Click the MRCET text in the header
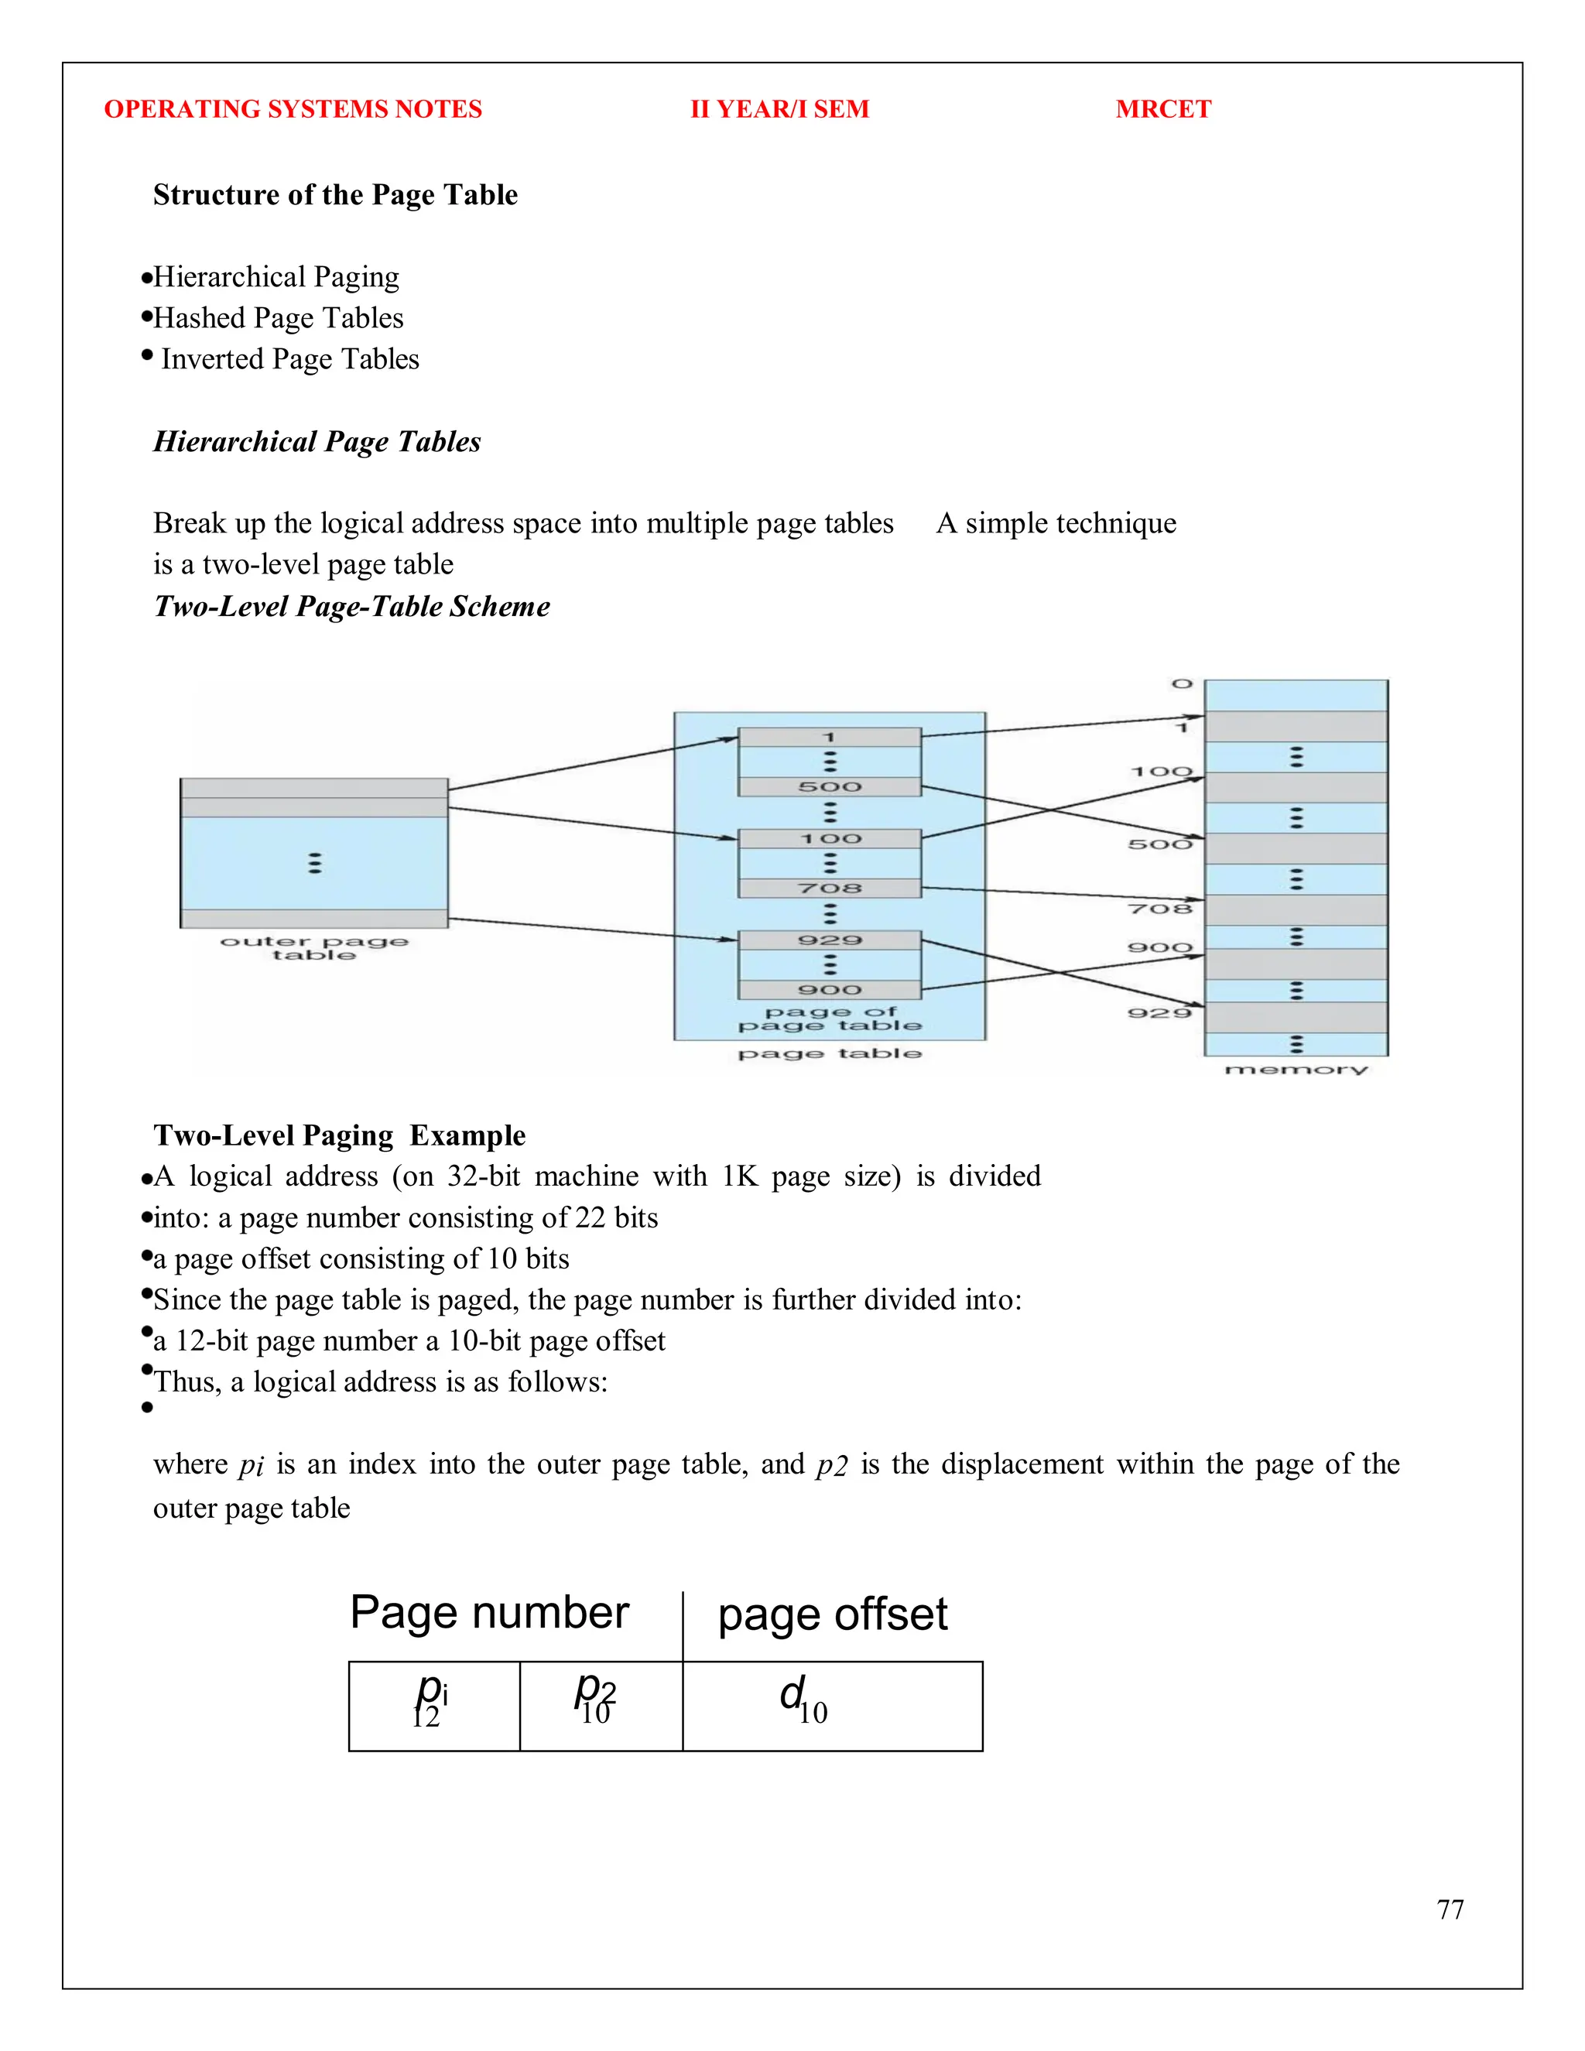1162,109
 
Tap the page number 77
1450,1909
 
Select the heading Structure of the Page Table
335,194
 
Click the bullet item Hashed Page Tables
278,317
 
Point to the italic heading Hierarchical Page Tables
317,441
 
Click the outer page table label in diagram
313,947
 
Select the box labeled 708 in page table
829,888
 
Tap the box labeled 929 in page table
829,940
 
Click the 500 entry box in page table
829,787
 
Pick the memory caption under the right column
1296,1070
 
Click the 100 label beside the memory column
1161,772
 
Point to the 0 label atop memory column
1181,683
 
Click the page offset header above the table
832,1614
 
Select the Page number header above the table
488,1612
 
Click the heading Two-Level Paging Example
339,1135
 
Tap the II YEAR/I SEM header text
779,109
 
